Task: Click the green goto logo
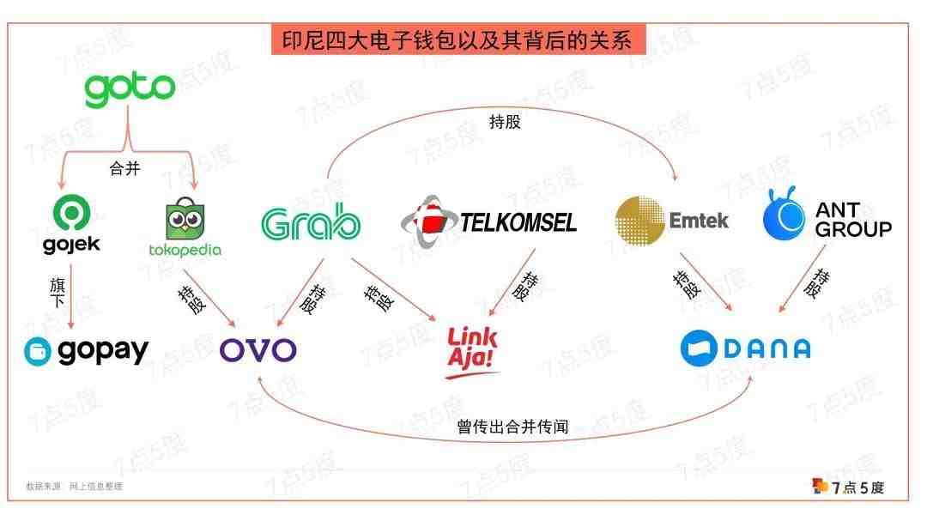click(x=130, y=90)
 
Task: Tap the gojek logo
click(x=71, y=225)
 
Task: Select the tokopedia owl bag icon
click(x=185, y=218)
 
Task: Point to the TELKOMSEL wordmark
click(x=518, y=223)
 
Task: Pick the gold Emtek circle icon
click(x=639, y=220)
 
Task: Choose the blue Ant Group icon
click(x=784, y=214)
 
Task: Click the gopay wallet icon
click(x=37, y=351)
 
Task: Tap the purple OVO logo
click(x=257, y=350)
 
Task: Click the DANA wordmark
click(x=766, y=349)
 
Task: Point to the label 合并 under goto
click(x=124, y=169)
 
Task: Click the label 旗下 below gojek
click(x=58, y=292)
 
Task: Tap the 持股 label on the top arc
click(x=505, y=122)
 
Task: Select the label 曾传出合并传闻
click(x=512, y=427)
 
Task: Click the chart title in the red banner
click(x=458, y=39)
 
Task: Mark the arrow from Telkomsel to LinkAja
click(x=512, y=282)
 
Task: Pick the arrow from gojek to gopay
click(x=71, y=296)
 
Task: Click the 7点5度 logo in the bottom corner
click(x=848, y=487)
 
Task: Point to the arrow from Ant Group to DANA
click(x=803, y=278)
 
